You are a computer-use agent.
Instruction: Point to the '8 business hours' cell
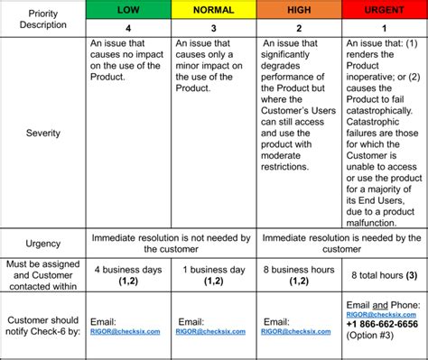[x=300, y=274]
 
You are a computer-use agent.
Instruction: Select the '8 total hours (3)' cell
[x=384, y=275]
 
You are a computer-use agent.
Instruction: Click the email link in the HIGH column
[x=297, y=331]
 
